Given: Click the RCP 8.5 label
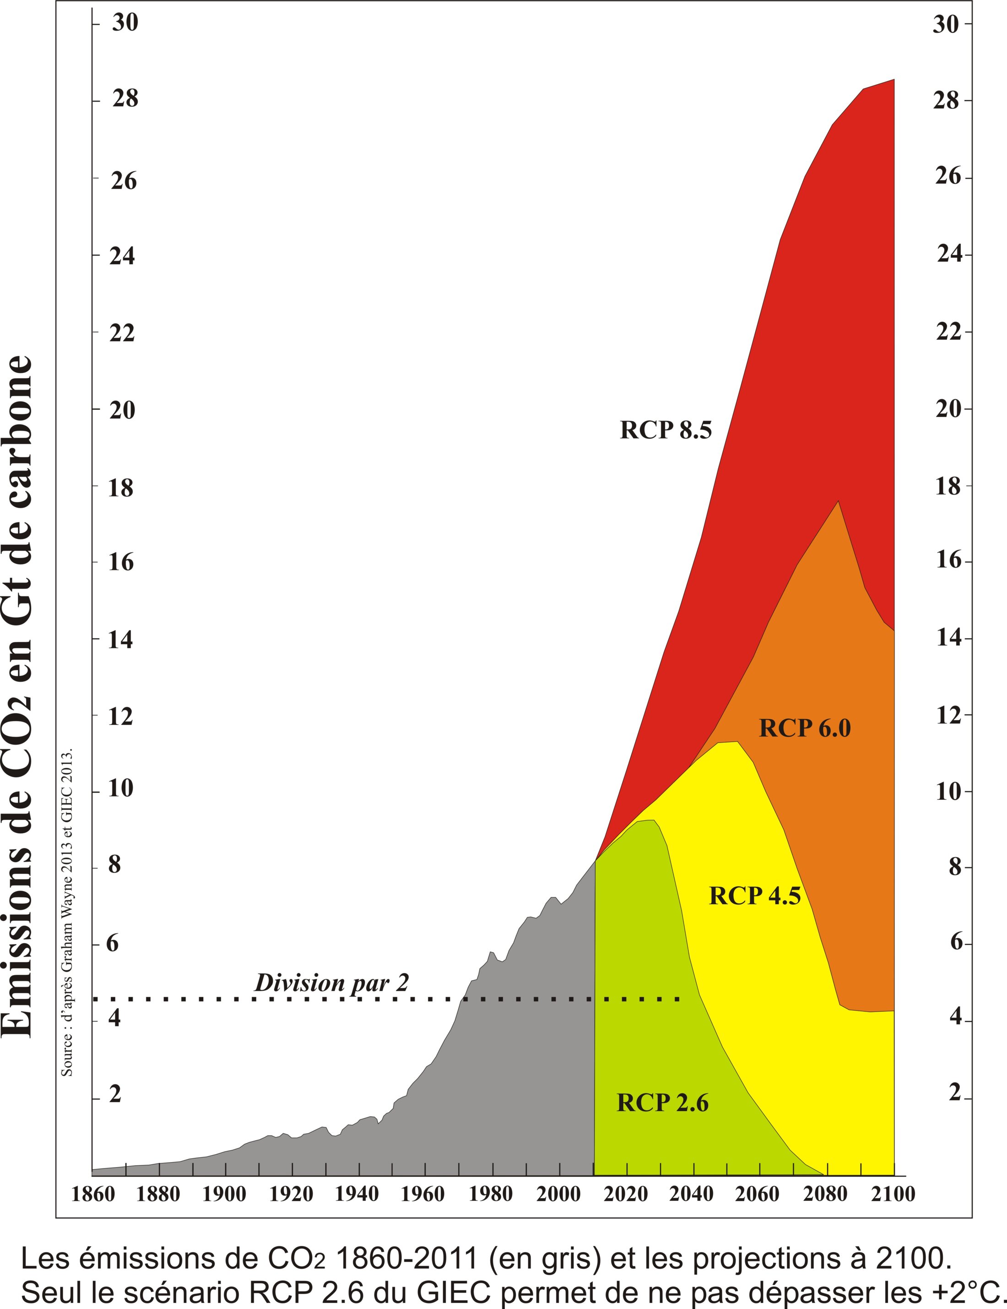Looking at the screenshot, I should (x=666, y=430).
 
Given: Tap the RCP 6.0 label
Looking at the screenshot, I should (x=805, y=728).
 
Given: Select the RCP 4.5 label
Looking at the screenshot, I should (x=755, y=896).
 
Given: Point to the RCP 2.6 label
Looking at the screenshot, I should (x=662, y=1103).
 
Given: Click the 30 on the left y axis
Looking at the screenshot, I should (x=125, y=23).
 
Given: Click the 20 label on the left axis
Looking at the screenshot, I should (x=122, y=411).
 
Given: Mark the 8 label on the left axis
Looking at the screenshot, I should (x=114, y=865).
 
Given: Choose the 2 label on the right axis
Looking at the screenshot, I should (x=955, y=1092).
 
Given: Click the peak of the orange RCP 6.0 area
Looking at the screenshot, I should (x=838, y=501).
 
